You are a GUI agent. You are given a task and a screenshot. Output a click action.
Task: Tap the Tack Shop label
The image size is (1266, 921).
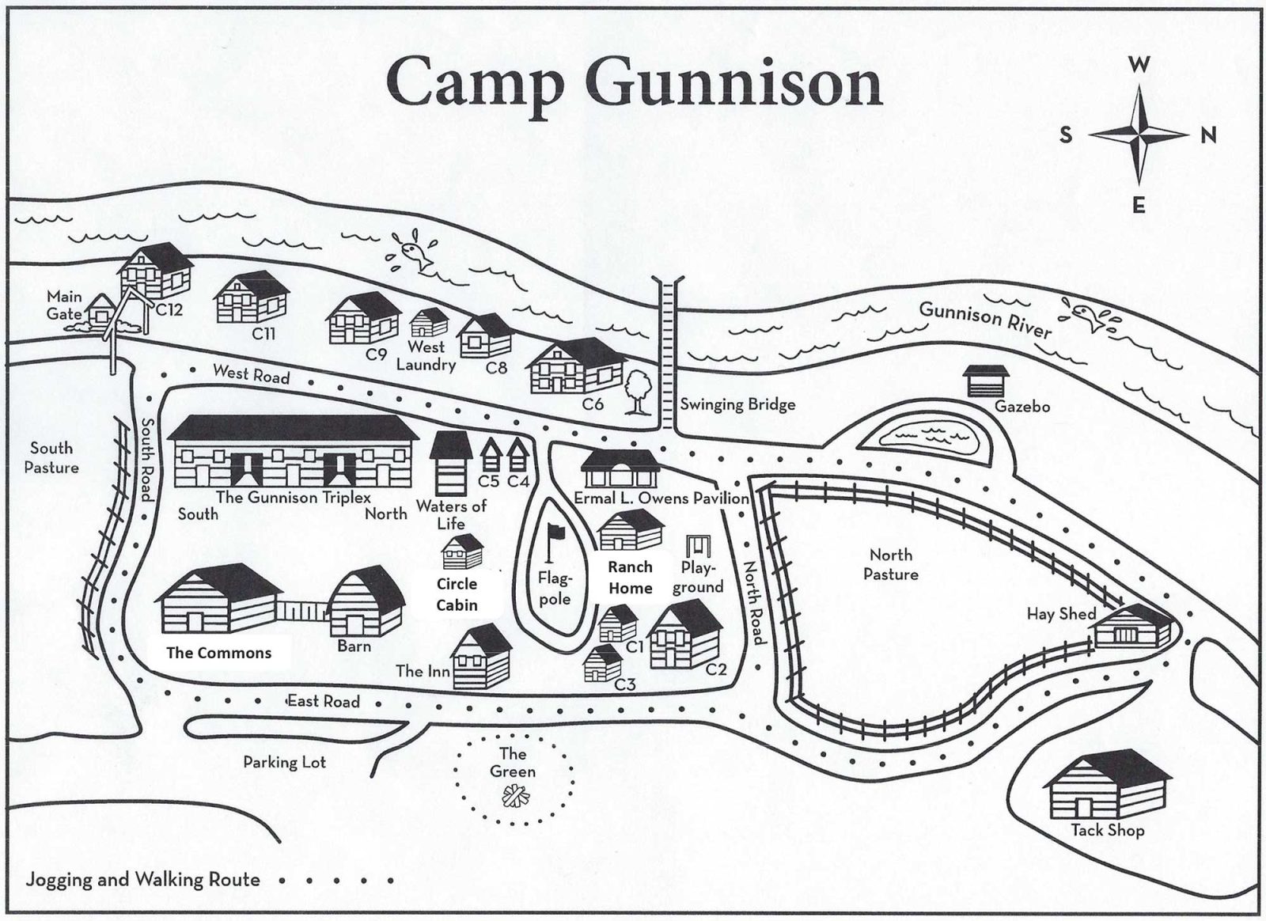1108,830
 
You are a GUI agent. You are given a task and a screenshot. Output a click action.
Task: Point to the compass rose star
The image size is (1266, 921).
1139,135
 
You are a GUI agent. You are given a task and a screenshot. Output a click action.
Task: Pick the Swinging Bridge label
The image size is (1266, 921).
737,404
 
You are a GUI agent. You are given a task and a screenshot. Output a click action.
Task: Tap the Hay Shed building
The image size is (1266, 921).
1131,625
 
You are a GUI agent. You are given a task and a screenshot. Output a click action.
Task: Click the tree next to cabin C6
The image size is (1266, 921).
637,391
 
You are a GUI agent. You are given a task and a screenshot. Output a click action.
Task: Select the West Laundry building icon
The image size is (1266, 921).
429,321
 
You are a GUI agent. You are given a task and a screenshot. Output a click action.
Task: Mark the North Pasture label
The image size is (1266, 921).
891,564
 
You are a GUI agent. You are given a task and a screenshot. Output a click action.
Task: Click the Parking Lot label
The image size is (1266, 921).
284,763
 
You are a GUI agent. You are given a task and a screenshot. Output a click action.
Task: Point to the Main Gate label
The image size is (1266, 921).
64,305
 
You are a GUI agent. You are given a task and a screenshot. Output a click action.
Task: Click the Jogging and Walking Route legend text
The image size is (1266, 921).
143,879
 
